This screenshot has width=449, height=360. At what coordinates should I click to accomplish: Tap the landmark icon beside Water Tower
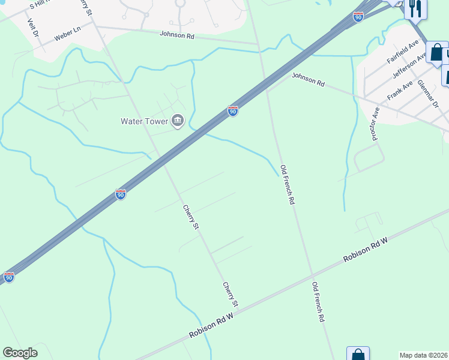click(x=178, y=121)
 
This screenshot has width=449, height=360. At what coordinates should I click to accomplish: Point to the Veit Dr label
click(x=32, y=27)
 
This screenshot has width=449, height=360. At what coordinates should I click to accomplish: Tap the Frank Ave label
click(x=400, y=91)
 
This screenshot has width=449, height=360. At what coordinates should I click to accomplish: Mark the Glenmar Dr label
click(x=428, y=93)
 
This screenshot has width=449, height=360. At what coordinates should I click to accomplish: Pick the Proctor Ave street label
click(x=376, y=124)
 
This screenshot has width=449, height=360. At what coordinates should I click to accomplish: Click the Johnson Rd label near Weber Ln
click(x=177, y=35)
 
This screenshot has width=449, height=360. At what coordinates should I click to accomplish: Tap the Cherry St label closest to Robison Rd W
click(x=231, y=295)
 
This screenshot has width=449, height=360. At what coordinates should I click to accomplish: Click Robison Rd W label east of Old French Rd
click(x=366, y=249)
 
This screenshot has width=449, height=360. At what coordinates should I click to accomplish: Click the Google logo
click(x=20, y=353)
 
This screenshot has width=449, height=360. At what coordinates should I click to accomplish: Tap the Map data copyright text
click(x=424, y=355)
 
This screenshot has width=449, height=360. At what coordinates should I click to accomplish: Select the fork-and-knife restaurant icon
click(x=415, y=8)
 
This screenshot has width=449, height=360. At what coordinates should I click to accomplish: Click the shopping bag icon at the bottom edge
click(x=358, y=354)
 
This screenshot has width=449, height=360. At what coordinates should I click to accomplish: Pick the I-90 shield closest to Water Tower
click(x=232, y=111)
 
